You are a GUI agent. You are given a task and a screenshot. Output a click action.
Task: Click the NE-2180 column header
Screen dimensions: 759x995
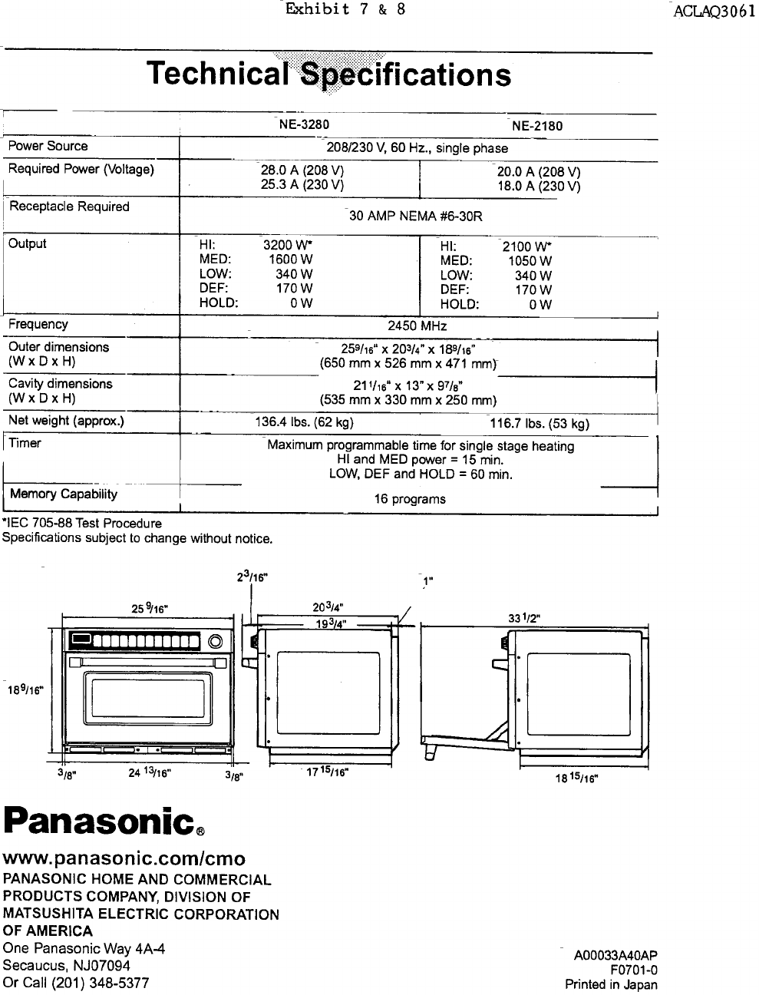coord(537,126)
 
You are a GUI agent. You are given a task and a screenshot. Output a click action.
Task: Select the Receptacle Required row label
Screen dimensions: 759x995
coord(69,207)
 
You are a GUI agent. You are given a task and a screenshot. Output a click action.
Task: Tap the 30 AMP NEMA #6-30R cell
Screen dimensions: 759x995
coord(416,216)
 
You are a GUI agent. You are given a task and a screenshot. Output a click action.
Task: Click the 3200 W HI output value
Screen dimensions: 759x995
coord(287,246)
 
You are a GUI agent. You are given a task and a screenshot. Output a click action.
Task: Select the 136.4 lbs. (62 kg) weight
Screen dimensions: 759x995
coord(304,421)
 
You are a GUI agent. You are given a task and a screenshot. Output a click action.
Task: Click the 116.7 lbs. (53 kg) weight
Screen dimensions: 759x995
coord(540,424)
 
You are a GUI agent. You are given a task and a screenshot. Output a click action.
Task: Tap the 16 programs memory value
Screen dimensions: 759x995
coord(409,499)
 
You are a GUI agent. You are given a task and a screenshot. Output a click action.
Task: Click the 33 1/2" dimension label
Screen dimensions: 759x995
coord(526,620)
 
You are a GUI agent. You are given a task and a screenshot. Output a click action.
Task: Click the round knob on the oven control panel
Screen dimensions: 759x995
coord(216,641)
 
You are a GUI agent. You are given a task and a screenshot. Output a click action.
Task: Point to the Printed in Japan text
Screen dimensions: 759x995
coord(611,984)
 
